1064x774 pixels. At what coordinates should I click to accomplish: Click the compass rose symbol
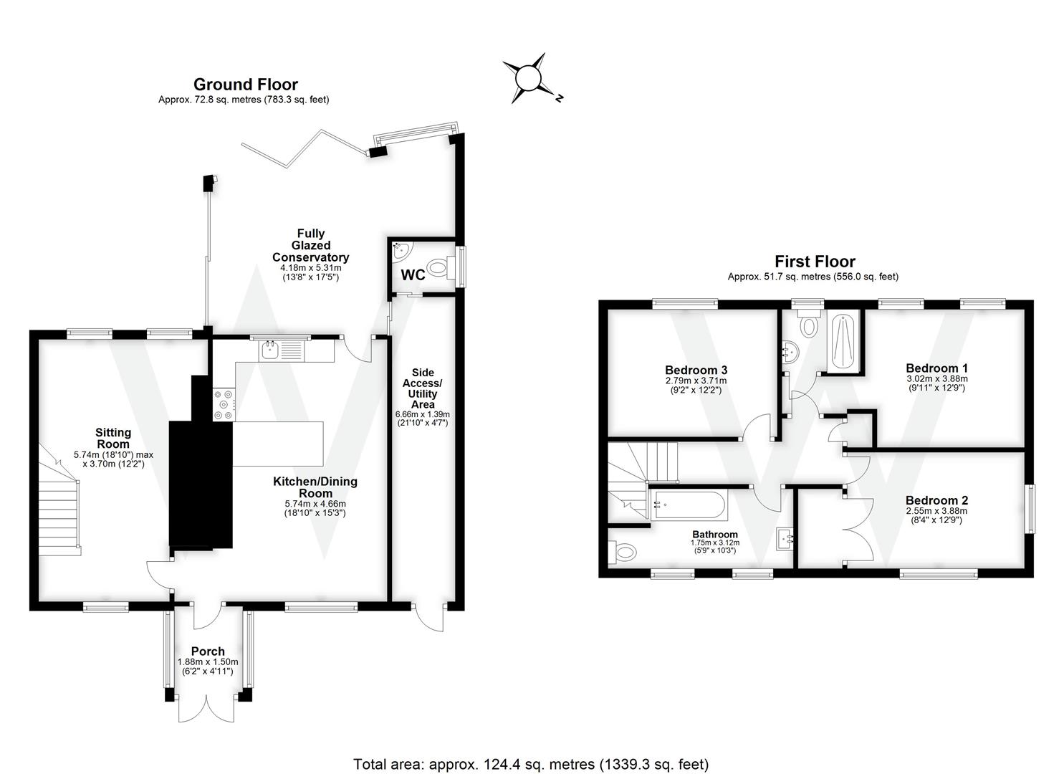point(528,78)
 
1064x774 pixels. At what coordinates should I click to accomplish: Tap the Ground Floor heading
point(245,85)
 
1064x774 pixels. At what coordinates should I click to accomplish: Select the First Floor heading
point(815,262)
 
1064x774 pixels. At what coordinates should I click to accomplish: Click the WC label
point(413,274)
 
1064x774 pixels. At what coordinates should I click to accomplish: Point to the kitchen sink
point(271,350)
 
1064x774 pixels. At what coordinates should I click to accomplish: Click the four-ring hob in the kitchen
point(222,403)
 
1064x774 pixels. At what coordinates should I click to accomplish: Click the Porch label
point(208,651)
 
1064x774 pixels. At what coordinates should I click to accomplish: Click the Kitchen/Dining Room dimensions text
point(315,508)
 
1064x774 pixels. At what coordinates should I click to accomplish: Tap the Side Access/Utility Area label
point(423,388)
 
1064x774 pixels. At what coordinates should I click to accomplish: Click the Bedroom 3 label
point(692,370)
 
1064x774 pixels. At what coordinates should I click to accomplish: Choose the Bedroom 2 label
point(936,500)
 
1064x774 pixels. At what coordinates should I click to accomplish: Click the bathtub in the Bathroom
point(688,505)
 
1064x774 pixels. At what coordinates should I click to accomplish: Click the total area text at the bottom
point(531,764)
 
